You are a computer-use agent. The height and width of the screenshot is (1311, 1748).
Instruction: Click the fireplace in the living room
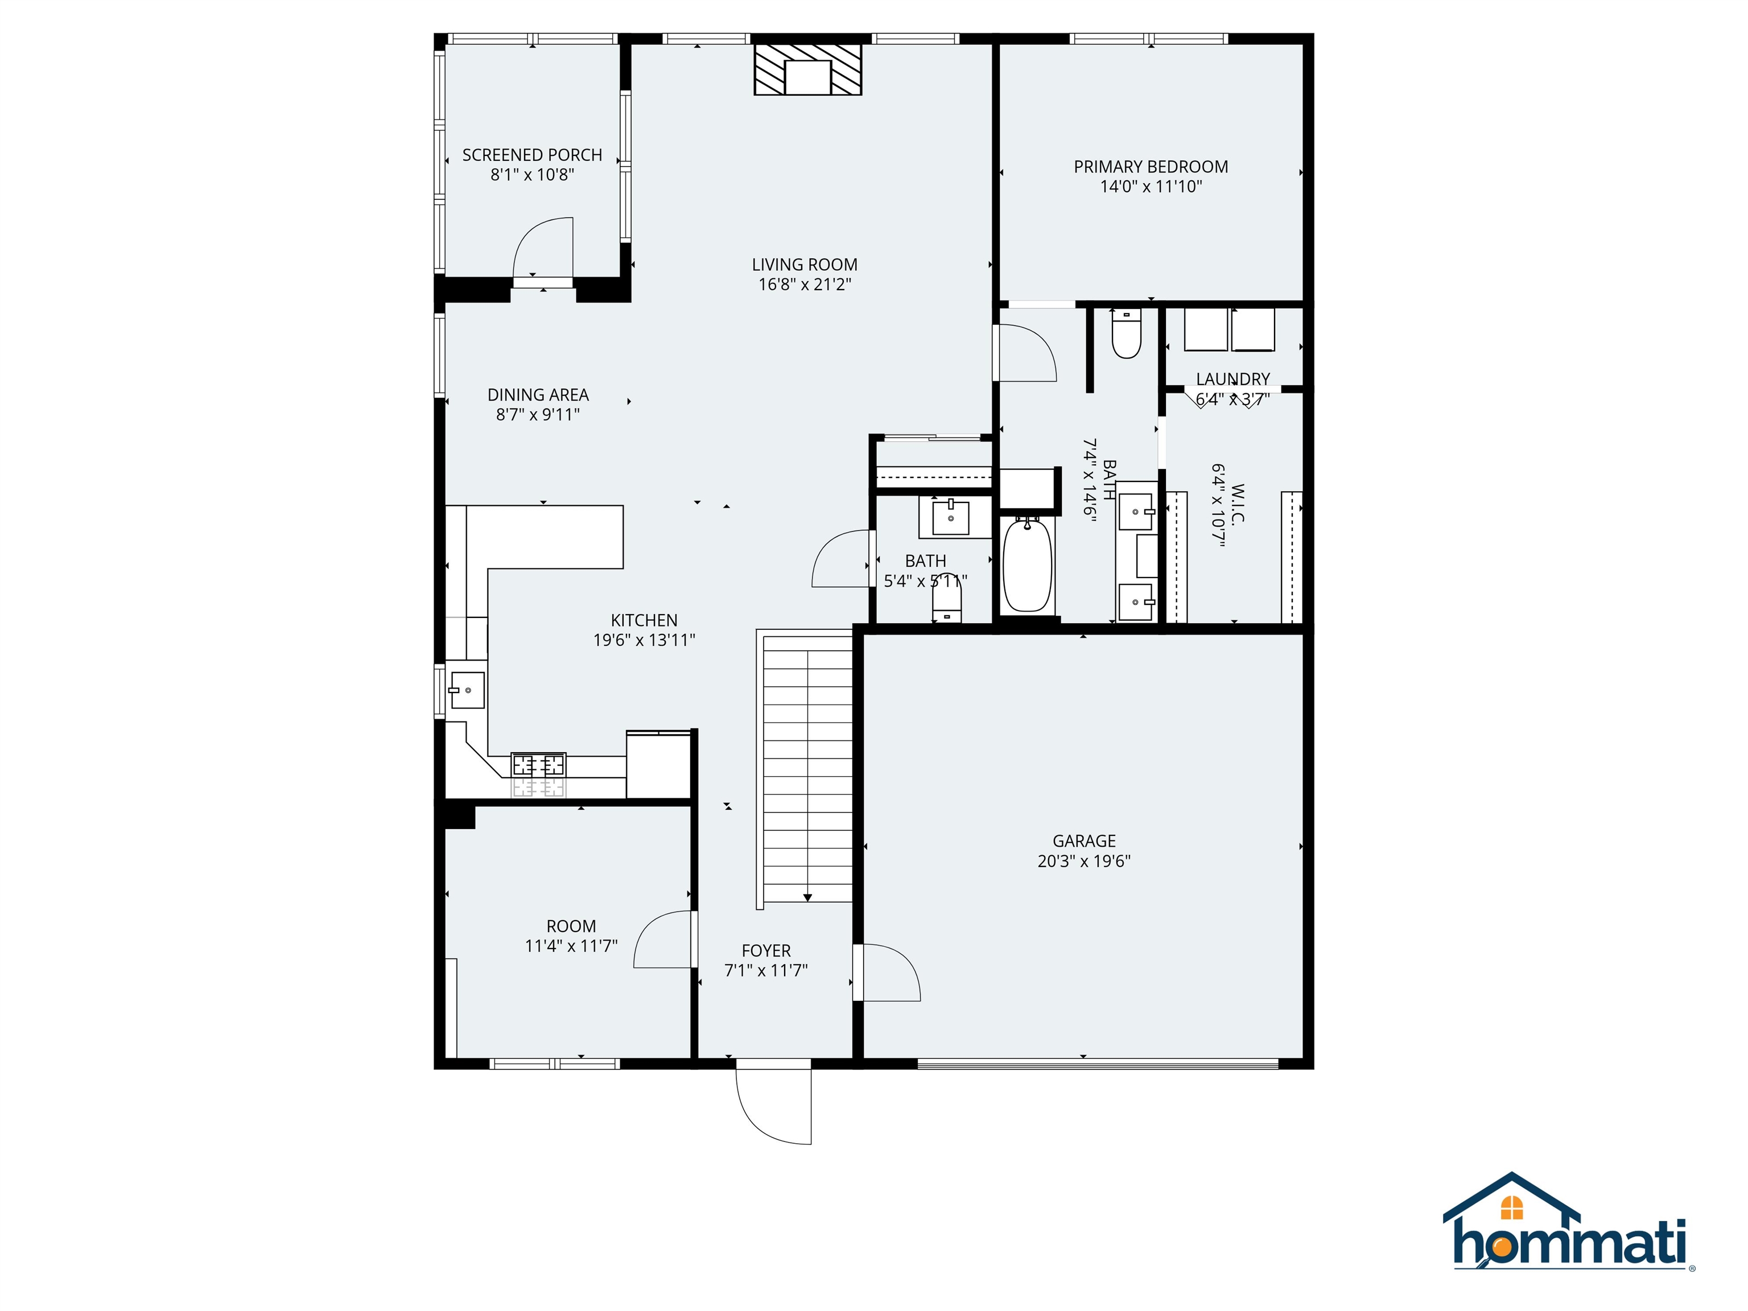coord(807,69)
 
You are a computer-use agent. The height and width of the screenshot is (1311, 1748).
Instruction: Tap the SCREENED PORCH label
coord(532,155)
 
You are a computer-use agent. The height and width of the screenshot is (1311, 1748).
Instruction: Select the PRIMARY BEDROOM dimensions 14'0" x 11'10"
coord(1151,187)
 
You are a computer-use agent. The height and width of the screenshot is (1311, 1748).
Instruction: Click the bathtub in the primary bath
coord(1027,564)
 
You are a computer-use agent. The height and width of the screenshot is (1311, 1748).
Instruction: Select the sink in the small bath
coord(951,518)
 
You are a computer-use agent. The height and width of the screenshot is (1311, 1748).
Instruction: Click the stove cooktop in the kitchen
coord(538,765)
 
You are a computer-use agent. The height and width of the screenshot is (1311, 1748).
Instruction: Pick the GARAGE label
coord(1083,841)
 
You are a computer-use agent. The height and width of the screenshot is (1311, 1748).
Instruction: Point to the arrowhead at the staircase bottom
coord(807,898)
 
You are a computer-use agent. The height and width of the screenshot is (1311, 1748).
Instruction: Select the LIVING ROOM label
coord(805,265)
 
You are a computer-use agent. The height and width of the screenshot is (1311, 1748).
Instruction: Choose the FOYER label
coord(766,951)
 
